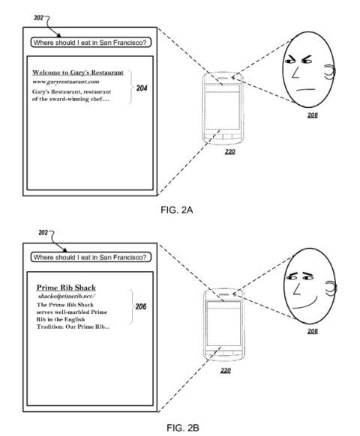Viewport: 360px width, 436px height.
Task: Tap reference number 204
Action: tap(142, 88)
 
